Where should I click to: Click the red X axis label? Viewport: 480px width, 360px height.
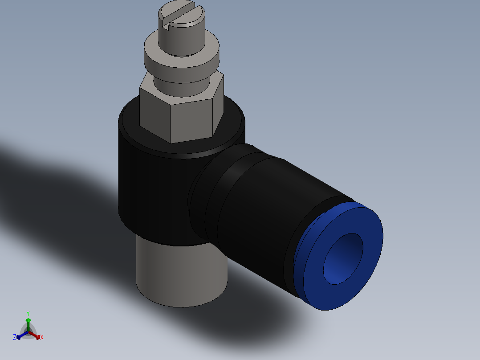click(x=42, y=338)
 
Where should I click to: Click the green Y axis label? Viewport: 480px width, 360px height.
click(x=28, y=313)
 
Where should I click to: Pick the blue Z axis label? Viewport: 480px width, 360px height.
click(x=15, y=338)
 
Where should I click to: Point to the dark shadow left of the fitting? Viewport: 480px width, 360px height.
click(x=53, y=187)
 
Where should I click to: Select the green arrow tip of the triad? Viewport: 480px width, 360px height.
click(x=28, y=320)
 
